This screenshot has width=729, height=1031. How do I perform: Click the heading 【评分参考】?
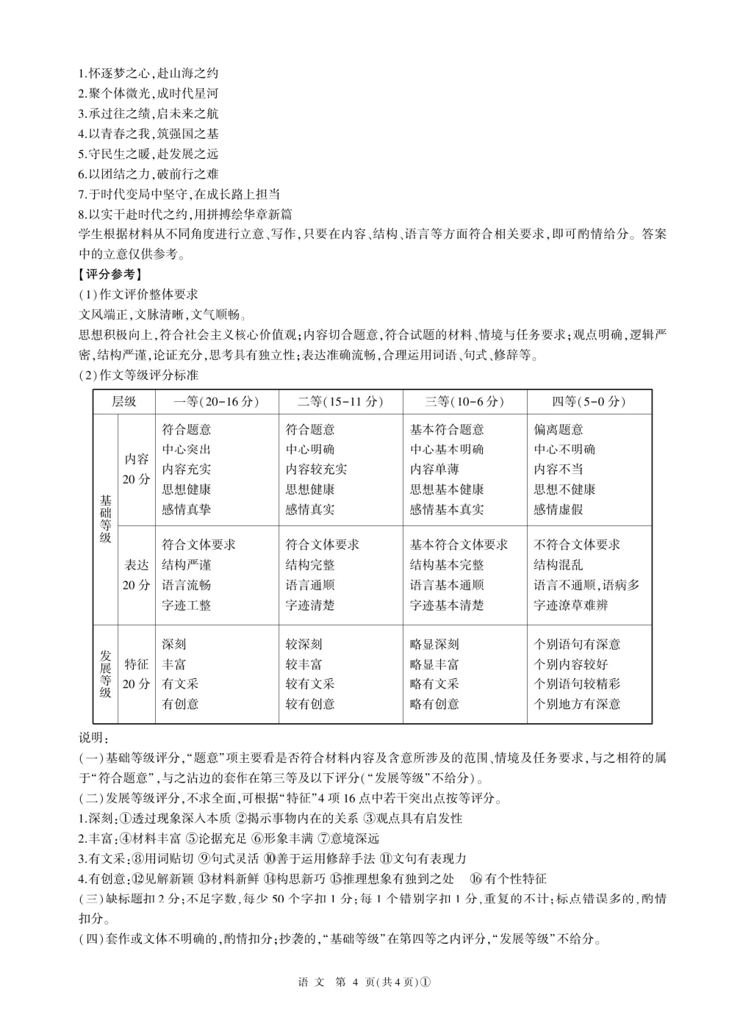pyautogui.click(x=109, y=275)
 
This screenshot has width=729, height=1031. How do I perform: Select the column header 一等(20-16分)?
pyautogui.click(x=217, y=401)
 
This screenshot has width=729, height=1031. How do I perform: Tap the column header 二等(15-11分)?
pyautogui.click(x=340, y=401)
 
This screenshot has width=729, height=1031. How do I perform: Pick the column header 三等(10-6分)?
pyautogui.click(x=464, y=401)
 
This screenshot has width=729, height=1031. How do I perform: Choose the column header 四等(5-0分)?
pyautogui.click(x=589, y=401)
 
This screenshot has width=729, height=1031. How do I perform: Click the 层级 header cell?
pyautogui.click(x=124, y=401)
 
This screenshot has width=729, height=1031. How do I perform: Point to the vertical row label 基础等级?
pyautogui.click(x=106, y=519)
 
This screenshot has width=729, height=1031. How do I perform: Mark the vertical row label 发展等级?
pyautogui.click(x=106, y=674)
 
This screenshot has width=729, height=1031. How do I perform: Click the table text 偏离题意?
pyautogui.click(x=559, y=429)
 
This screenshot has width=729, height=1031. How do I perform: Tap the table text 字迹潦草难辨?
pyautogui.click(x=571, y=606)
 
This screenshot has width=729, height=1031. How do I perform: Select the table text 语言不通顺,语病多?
pyautogui.click(x=586, y=585)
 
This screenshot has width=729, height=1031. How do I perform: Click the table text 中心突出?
pyautogui.click(x=187, y=449)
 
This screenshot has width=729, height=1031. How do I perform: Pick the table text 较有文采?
pyautogui.click(x=310, y=683)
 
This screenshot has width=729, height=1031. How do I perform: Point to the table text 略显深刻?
pyautogui.click(x=434, y=644)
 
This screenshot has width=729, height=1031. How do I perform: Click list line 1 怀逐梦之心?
pyautogui.click(x=148, y=73)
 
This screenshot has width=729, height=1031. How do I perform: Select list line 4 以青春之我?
pyautogui.click(x=148, y=134)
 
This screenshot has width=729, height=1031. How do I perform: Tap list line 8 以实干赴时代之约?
pyautogui.click(x=185, y=214)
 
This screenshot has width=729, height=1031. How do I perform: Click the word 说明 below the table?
pyautogui.click(x=93, y=737)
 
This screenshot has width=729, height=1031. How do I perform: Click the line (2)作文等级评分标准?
pyautogui.click(x=139, y=375)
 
